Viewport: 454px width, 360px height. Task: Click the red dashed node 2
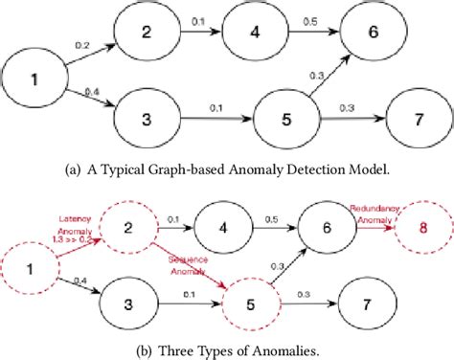coord(143,228)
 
